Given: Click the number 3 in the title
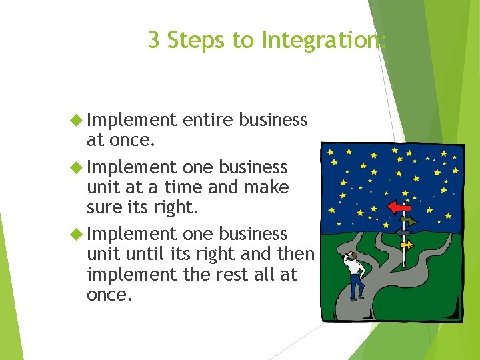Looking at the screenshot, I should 154,41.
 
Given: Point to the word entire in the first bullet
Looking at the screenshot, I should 207,120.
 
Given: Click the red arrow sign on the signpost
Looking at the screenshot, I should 399,207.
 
